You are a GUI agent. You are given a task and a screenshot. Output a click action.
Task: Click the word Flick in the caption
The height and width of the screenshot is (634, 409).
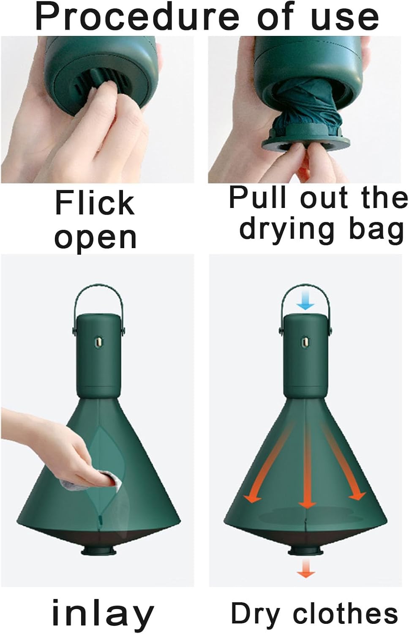click(95, 203)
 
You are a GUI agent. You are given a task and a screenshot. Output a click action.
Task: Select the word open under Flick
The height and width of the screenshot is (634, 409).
click(95, 238)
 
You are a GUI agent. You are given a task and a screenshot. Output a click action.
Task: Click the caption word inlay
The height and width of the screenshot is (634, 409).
click(103, 614)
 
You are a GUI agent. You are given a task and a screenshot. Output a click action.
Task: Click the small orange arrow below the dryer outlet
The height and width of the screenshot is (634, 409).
click(305, 571)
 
